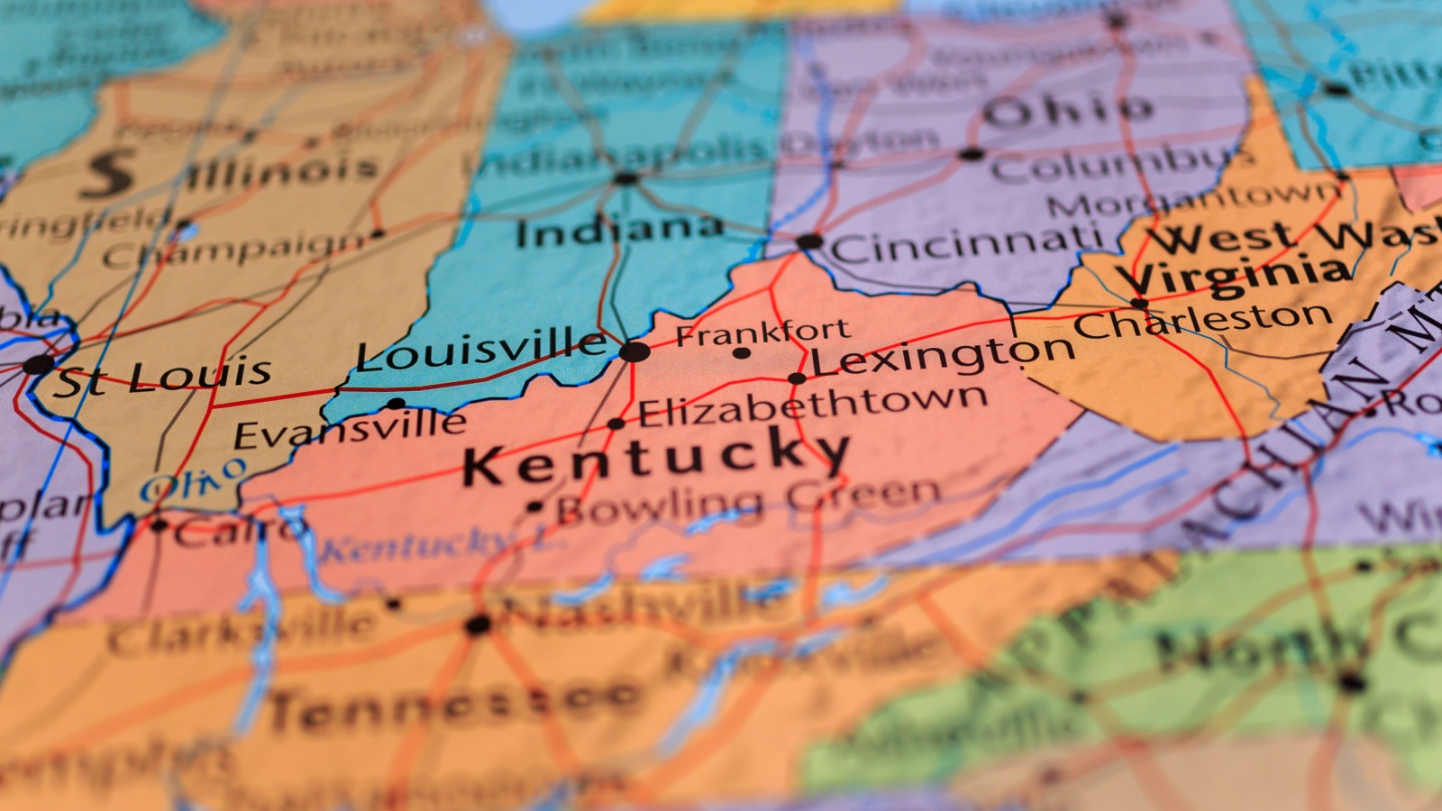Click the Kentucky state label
click(655, 455)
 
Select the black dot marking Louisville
click(634, 351)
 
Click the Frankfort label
click(762, 333)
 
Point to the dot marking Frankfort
click(742, 353)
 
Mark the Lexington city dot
click(797, 378)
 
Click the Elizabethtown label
click(813, 405)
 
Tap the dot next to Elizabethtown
click(616, 424)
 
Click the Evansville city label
click(350, 429)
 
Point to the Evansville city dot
click(396, 404)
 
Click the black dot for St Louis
click(38, 365)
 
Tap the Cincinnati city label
click(967, 242)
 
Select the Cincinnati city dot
click(809, 241)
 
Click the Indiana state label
click(620, 230)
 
